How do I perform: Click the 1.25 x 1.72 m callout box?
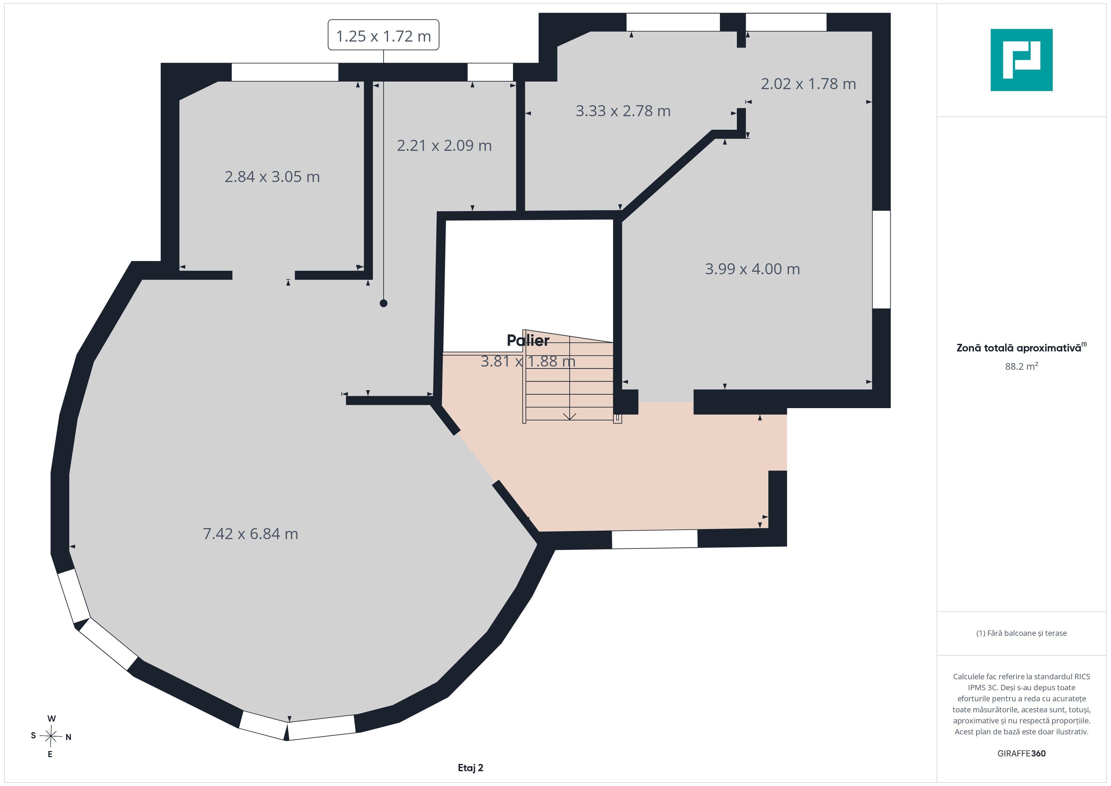coord(383,35)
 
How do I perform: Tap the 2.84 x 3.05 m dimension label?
coord(272,177)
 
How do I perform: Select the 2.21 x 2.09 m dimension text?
coord(444,146)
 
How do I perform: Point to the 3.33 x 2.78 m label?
coord(623,111)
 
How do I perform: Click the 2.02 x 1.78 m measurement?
coord(808,84)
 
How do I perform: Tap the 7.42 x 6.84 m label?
coord(250,533)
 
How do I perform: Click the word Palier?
coord(528,341)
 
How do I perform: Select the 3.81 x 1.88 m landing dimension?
coord(528,361)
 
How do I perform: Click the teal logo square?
coord(1022,60)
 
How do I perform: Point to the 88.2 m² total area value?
coord(1022,366)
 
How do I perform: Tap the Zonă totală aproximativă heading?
coord(1022,348)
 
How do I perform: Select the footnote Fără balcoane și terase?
coord(1022,633)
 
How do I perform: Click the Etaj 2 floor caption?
coord(470,768)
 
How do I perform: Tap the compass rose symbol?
coord(51,737)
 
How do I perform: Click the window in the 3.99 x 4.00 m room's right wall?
coord(881,259)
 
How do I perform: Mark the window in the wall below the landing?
coord(655,539)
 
